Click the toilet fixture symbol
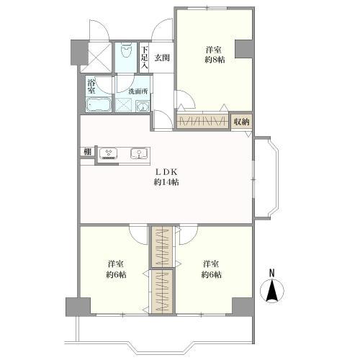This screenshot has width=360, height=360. tap(127, 50)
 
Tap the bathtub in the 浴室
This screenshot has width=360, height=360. tap(99, 104)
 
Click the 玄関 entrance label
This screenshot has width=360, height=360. tap(162, 58)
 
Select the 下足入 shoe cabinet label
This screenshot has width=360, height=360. tap(144, 58)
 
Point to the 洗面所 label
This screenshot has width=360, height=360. tap(138, 91)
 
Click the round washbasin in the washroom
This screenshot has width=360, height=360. tap(143, 107)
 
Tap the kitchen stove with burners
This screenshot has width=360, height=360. tap(108, 153)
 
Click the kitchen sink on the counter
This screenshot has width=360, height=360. tap(139, 153)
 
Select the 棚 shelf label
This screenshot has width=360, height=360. tap(88, 152)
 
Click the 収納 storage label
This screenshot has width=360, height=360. tap(242, 122)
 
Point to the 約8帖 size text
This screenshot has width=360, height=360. tap(215, 60)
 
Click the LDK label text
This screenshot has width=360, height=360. tap(166, 172)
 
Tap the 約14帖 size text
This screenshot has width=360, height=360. tap(166, 182)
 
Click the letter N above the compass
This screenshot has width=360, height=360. tap(271, 274)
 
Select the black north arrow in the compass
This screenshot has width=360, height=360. tap(271, 291)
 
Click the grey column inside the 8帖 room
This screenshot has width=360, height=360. tap(243, 49)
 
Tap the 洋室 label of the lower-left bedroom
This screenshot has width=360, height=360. tap(116, 264)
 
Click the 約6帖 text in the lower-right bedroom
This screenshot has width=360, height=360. tap(211, 274)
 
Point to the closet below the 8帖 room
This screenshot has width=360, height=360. tap(202, 122)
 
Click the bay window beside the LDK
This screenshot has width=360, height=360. tap(266, 178)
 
